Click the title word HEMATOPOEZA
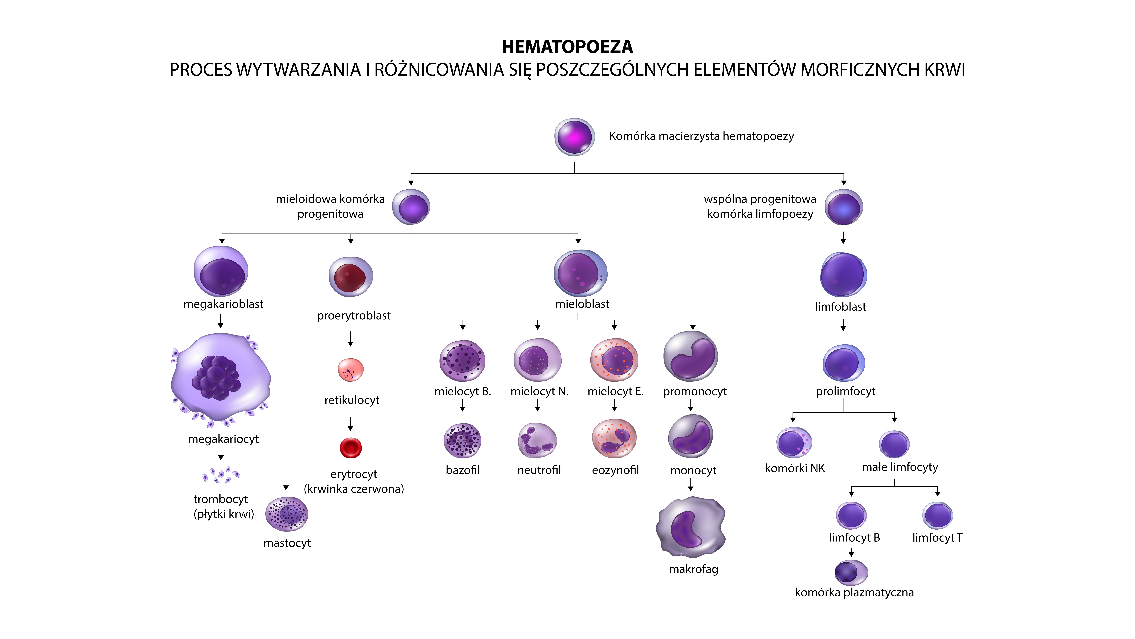567,47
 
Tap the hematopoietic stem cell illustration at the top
574,137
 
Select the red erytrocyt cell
351,448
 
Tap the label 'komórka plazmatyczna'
854,592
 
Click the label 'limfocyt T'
937,538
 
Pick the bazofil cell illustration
462,440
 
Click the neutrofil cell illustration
537,440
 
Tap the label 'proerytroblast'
354,316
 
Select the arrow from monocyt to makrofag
691,485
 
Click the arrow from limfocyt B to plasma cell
851,552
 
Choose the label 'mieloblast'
582,304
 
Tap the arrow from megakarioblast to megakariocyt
221,321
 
